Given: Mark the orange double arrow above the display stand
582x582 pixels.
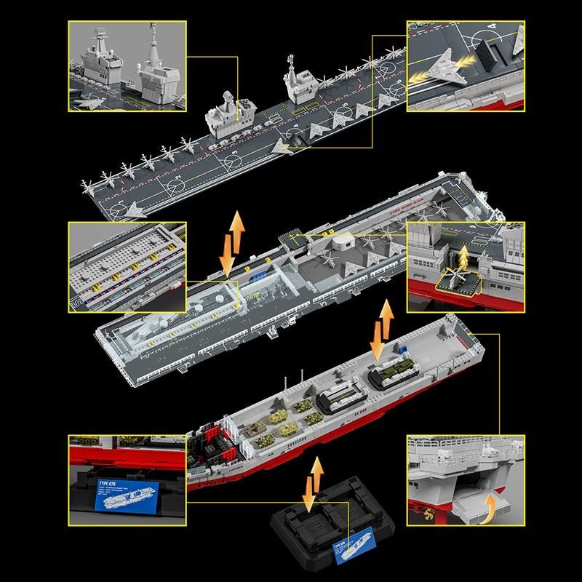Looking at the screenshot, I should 315,483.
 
